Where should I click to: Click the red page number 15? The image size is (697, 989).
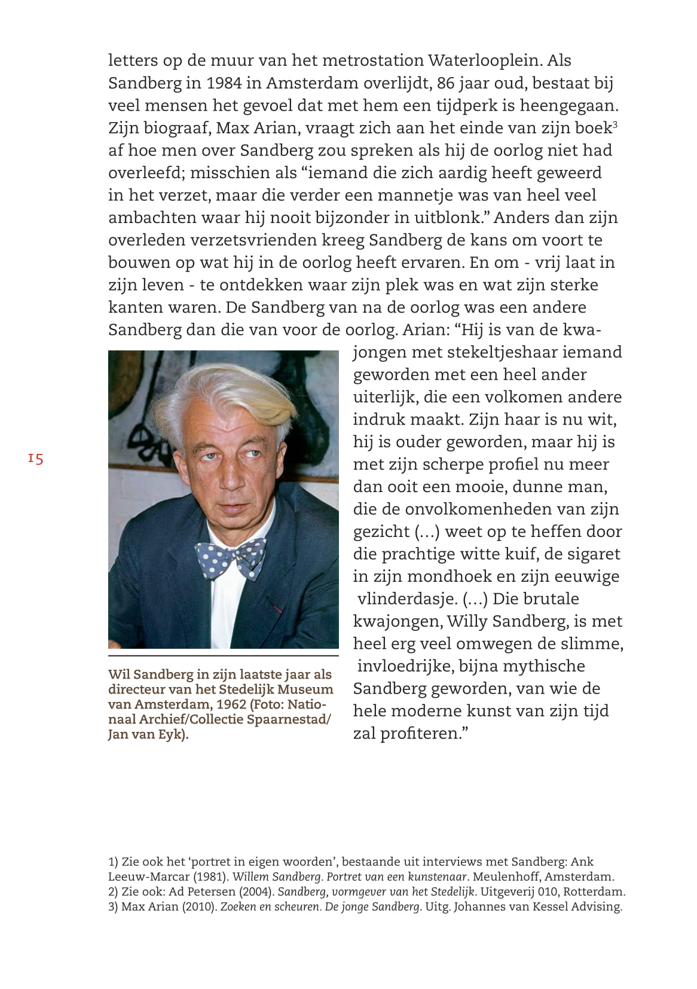pyautogui.click(x=36, y=459)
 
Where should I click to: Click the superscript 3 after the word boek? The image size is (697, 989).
pyautogui.click(x=615, y=124)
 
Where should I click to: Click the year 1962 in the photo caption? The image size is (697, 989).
pyautogui.click(x=231, y=704)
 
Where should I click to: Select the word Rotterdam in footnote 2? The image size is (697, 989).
pyautogui.click(x=594, y=892)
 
